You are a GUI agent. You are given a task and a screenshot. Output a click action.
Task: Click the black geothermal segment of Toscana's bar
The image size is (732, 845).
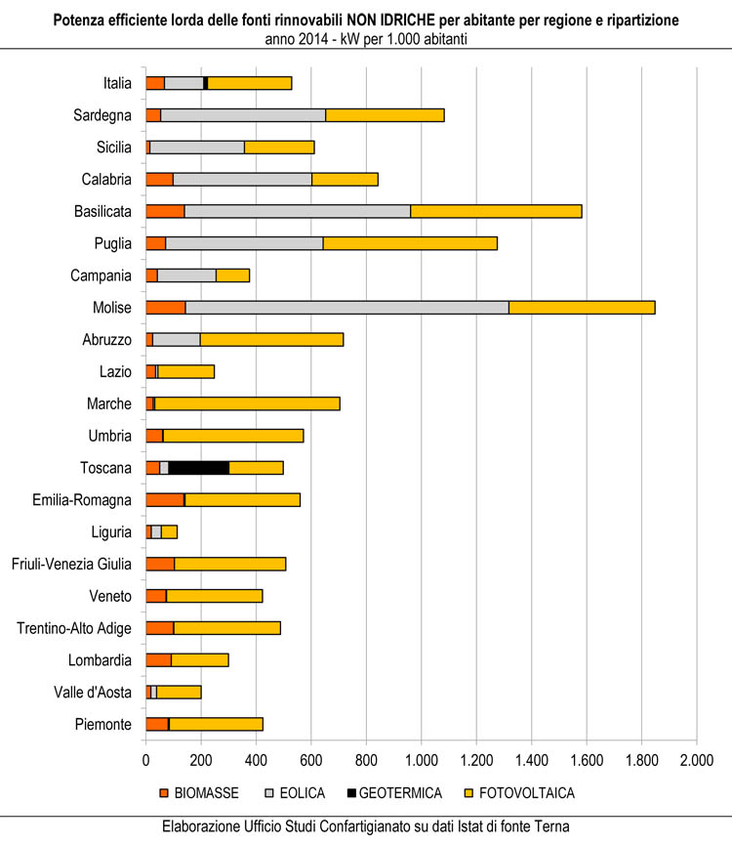[230, 467]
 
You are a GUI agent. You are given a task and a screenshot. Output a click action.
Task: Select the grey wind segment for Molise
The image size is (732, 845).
[712, 307]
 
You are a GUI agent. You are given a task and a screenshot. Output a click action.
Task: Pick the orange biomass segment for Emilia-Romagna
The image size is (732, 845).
[164, 499]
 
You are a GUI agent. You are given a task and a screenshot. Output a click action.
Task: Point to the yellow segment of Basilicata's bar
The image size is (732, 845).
[496, 211]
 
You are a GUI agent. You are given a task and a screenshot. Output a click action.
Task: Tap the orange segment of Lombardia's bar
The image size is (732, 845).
[158, 659]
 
